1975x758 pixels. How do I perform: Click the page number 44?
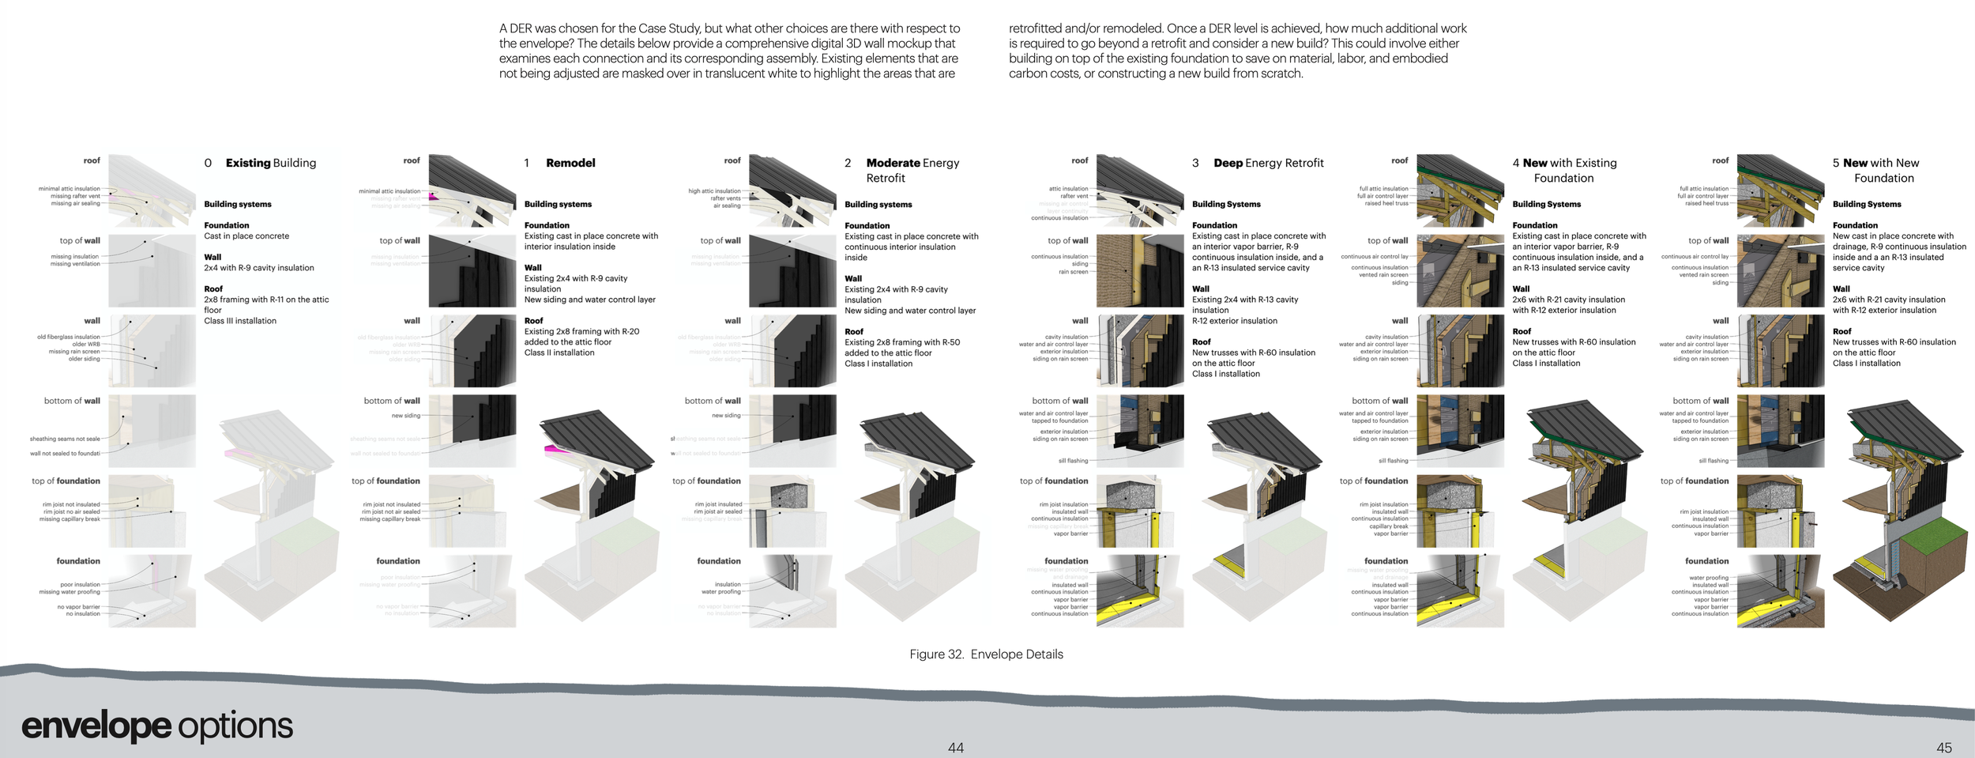[955, 748]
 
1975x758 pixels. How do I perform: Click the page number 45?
[1943, 748]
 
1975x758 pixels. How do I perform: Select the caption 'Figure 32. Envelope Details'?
[986, 654]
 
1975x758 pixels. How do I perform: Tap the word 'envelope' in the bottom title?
[96, 726]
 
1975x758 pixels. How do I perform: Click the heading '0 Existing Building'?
[261, 163]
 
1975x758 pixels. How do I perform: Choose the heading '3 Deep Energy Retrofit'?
[1258, 163]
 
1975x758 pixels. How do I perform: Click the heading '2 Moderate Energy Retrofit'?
[902, 170]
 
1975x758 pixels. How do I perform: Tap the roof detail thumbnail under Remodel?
[472, 190]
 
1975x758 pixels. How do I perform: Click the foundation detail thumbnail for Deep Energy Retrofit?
[1140, 591]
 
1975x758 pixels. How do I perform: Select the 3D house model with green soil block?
[1900, 514]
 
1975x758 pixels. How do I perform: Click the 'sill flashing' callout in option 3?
[1073, 461]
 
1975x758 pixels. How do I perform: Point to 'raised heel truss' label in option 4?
[1386, 203]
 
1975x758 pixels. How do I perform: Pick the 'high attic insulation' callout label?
[714, 190]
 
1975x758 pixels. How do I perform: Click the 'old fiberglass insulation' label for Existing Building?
[69, 337]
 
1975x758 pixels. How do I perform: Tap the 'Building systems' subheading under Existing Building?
[238, 204]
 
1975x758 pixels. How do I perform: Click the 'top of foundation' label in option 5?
[1695, 481]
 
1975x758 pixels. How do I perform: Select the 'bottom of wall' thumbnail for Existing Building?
[152, 431]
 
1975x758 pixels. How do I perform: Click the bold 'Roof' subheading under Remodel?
[533, 321]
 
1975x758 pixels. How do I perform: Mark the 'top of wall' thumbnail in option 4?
[1460, 270]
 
